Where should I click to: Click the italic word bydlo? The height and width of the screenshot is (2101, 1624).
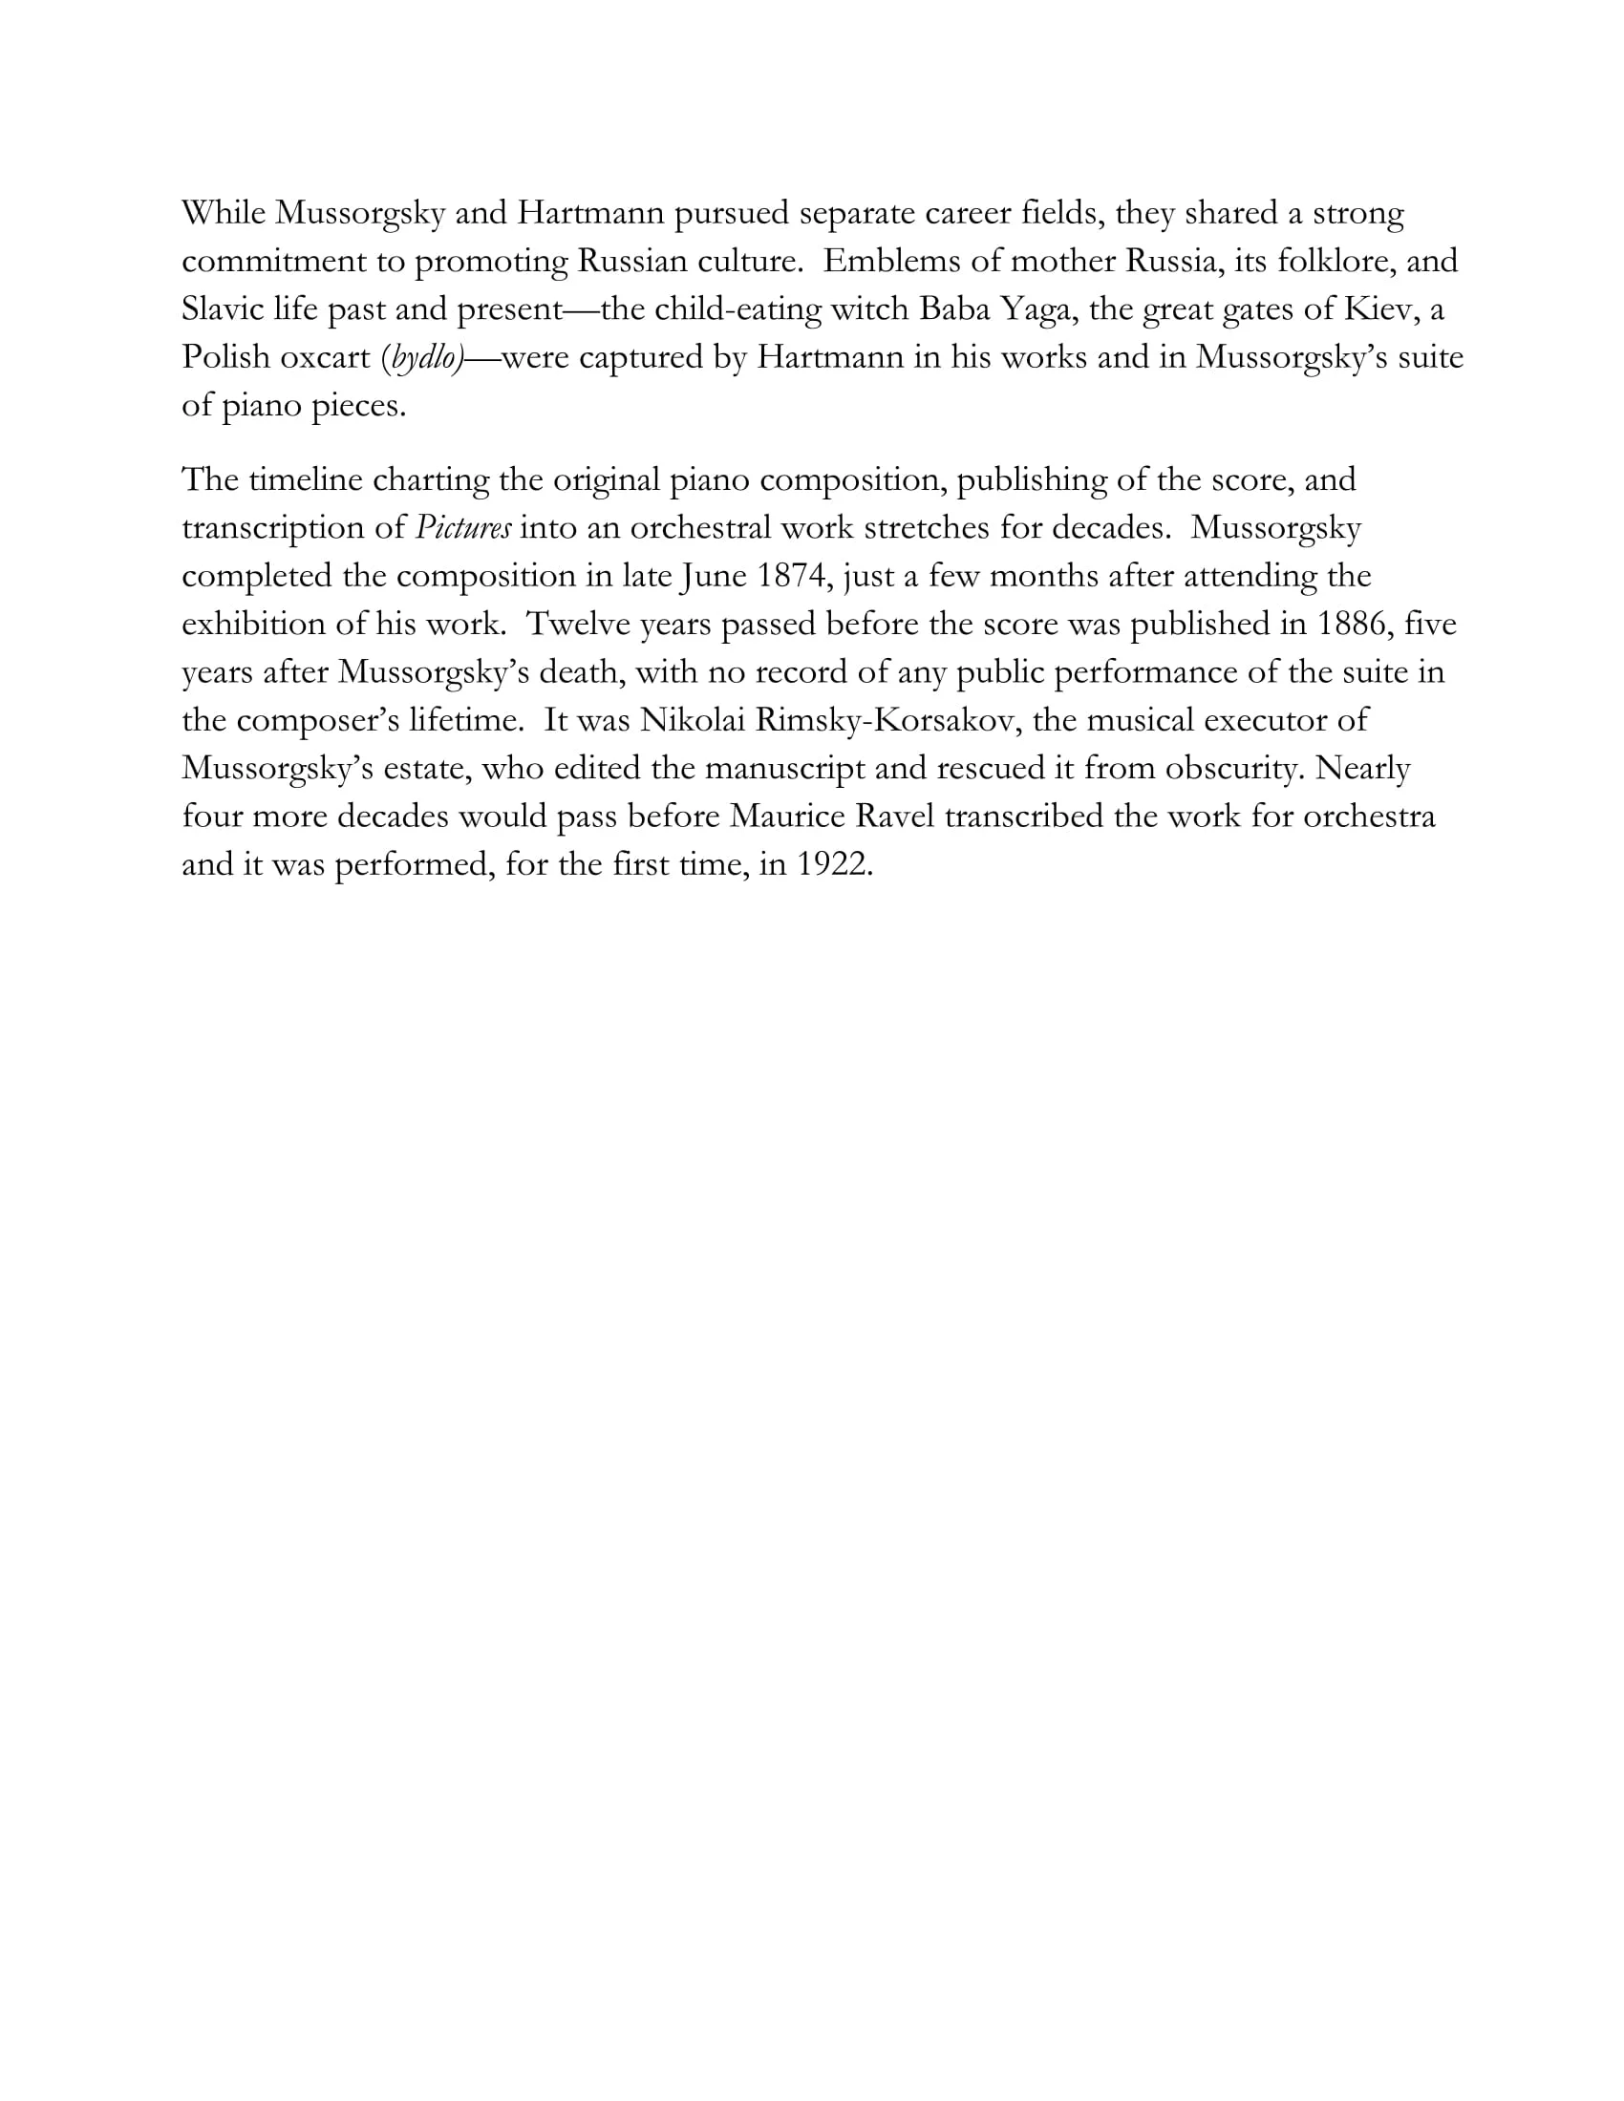click(423, 358)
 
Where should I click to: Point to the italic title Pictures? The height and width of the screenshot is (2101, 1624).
click(462, 528)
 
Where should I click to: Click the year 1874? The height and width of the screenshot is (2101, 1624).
click(791, 576)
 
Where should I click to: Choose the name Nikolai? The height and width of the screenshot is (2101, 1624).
click(692, 720)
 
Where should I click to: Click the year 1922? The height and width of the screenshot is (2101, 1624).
click(834, 865)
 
